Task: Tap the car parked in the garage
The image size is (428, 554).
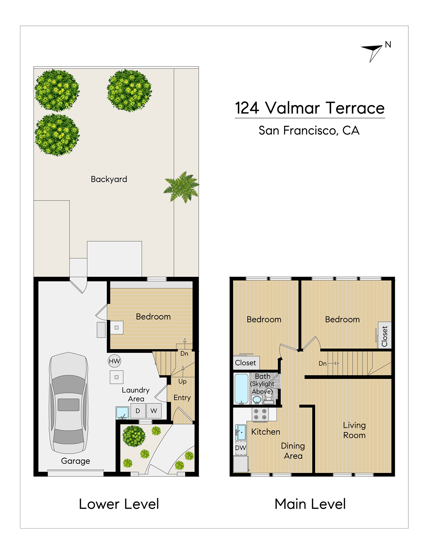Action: tap(69, 403)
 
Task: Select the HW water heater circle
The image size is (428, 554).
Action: tap(114, 361)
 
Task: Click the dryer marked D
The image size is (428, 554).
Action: tap(138, 411)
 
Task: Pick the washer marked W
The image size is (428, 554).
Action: tap(154, 411)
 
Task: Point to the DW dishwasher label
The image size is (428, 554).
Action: tap(241, 448)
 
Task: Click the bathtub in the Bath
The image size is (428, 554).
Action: tap(241, 388)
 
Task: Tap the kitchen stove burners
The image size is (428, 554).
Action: tap(260, 414)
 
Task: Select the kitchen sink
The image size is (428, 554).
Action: tap(241, 432)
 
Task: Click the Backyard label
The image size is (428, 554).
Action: tap(109, 179)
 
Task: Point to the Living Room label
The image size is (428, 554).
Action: tap(354, 430)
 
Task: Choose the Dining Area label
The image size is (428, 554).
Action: tap(293, 451)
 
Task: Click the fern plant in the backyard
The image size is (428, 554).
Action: tap(182, 187)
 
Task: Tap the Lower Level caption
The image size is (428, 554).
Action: tap(119, 504)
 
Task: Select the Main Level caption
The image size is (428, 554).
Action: tap(310, 504)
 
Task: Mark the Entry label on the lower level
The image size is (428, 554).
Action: tap(182, 398)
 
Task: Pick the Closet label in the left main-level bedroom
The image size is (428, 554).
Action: tap(245, 363)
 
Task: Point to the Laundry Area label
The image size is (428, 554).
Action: tap(136, 394)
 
